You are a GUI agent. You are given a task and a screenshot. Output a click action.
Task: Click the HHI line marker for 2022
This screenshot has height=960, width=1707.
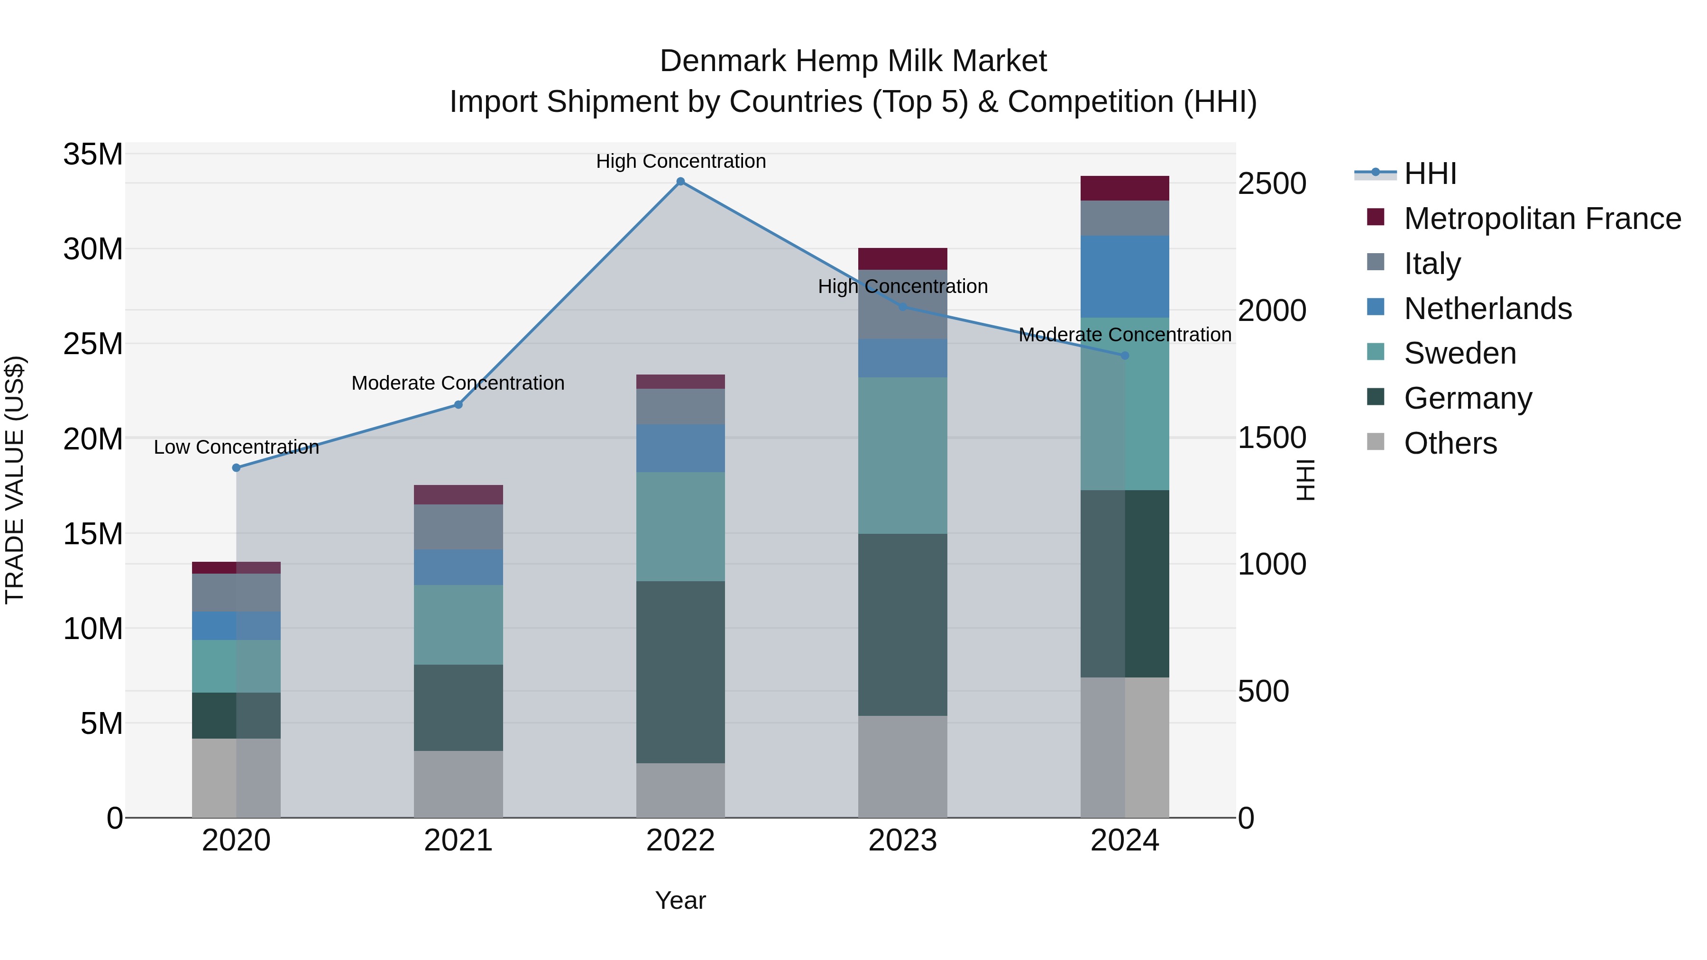(x=680, y=182)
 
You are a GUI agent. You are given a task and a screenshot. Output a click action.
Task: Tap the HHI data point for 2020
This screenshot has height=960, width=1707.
(x=237, y=468)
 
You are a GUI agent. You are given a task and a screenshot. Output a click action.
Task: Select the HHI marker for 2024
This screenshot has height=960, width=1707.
(x=1125, y=356)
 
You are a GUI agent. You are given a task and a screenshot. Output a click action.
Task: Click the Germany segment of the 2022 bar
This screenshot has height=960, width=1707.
(x=680, y=672)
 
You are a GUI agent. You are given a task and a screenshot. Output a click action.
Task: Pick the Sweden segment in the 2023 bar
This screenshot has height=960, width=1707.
(x=902, y=456)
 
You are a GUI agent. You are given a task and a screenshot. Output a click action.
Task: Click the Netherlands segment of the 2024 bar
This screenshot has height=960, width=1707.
(x=1125, y=276)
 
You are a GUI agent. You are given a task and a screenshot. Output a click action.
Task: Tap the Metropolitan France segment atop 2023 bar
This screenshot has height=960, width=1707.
(x=902, y=258)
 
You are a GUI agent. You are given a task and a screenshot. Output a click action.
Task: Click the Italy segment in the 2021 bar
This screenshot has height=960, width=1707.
(x=458, y=527)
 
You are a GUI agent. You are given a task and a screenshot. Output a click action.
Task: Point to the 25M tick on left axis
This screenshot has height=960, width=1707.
(x=93, y=344)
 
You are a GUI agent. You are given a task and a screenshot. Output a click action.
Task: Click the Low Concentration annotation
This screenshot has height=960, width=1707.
(x=237, y=447)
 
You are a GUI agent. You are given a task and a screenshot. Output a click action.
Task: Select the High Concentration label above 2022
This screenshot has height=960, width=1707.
(x=680, y=161)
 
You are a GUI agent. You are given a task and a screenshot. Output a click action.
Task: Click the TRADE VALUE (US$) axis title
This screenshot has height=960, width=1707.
(x=15, y=480)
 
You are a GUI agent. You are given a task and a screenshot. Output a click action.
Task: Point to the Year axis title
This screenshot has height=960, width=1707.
(x=680, y=900)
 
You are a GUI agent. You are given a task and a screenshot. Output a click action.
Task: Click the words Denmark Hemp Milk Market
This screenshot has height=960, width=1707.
(x=853, y=61)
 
